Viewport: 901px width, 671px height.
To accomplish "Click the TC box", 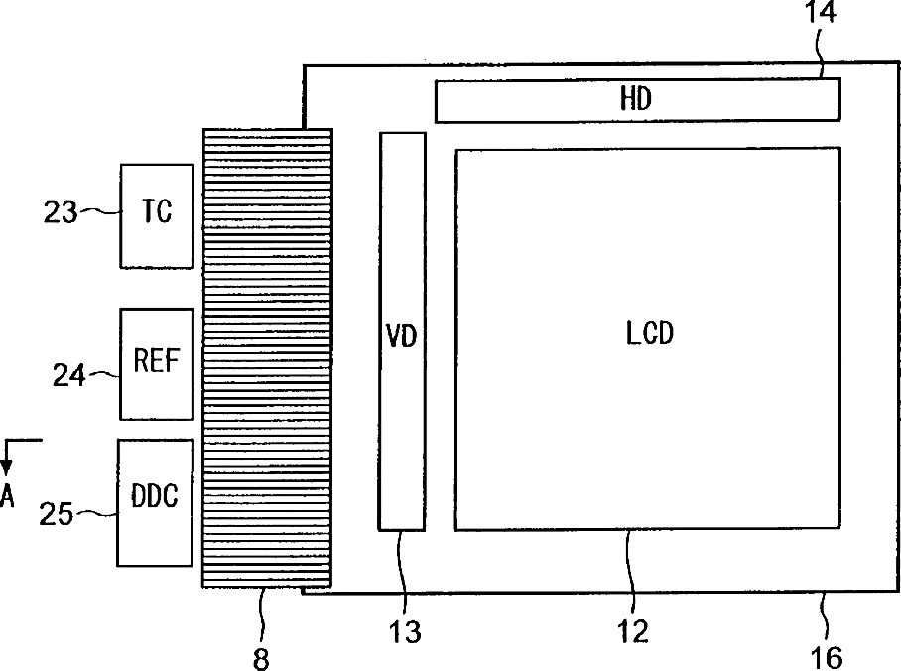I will click(x=157, y=215).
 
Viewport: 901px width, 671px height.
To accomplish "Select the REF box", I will click(x=157, y=363).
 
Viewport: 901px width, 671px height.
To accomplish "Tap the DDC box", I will click(x=155, y=502).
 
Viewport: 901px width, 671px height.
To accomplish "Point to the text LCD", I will click(x=650, y=334).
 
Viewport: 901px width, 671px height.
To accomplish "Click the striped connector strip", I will click(x=266, y=357).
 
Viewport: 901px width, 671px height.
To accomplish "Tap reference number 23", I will click(x=60, y=211).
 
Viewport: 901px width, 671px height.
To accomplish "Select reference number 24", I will click(x=69, y=374).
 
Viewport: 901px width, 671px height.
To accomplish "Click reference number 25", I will click(x=57, y=513).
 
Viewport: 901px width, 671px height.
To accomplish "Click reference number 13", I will click(x=406, y=631).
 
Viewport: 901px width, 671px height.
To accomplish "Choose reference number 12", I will click(x=632, y=631).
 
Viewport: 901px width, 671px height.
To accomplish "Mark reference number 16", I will click(x=826, y=656).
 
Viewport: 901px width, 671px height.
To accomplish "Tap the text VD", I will click(x=402, y=336).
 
